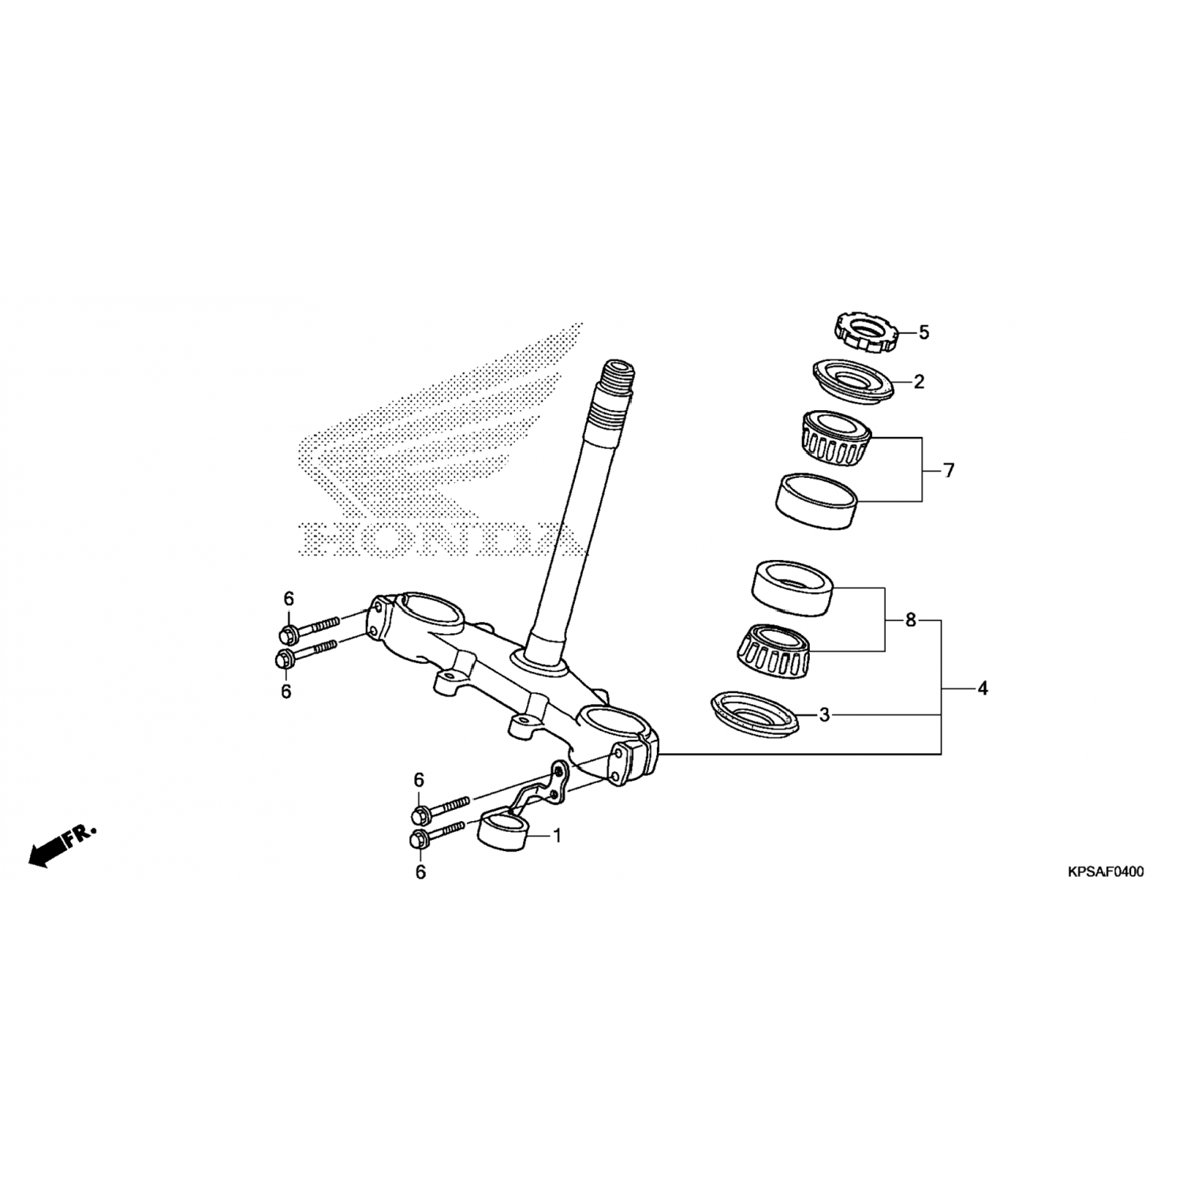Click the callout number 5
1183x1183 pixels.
tap(924, 333)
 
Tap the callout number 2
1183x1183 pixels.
tap(919, 382)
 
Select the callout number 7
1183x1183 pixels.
tap(949, 471)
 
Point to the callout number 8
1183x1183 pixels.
tap(911, 620)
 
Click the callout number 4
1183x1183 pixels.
tap(982, 689)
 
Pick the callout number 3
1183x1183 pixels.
tap(824, 715)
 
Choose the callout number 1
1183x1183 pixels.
tap(557, 835)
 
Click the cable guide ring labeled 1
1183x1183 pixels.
tap(503, 832)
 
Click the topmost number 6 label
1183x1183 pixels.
tap(289, 599)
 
